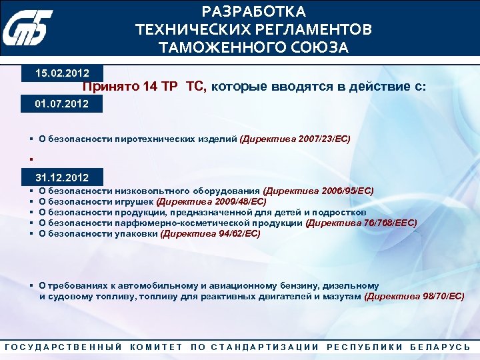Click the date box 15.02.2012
pyautogui.click(x=63, y=71)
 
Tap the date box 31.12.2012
pyautogui.click(x=62, y=177)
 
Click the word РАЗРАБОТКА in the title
pyautogui.click(x=254, y=12)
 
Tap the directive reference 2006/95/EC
pyautogui.click(x=347, y=191)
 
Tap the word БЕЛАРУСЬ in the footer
pyautogui.click(x=440, y=347)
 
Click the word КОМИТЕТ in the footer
pyautogui.click(x=157, y=347)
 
